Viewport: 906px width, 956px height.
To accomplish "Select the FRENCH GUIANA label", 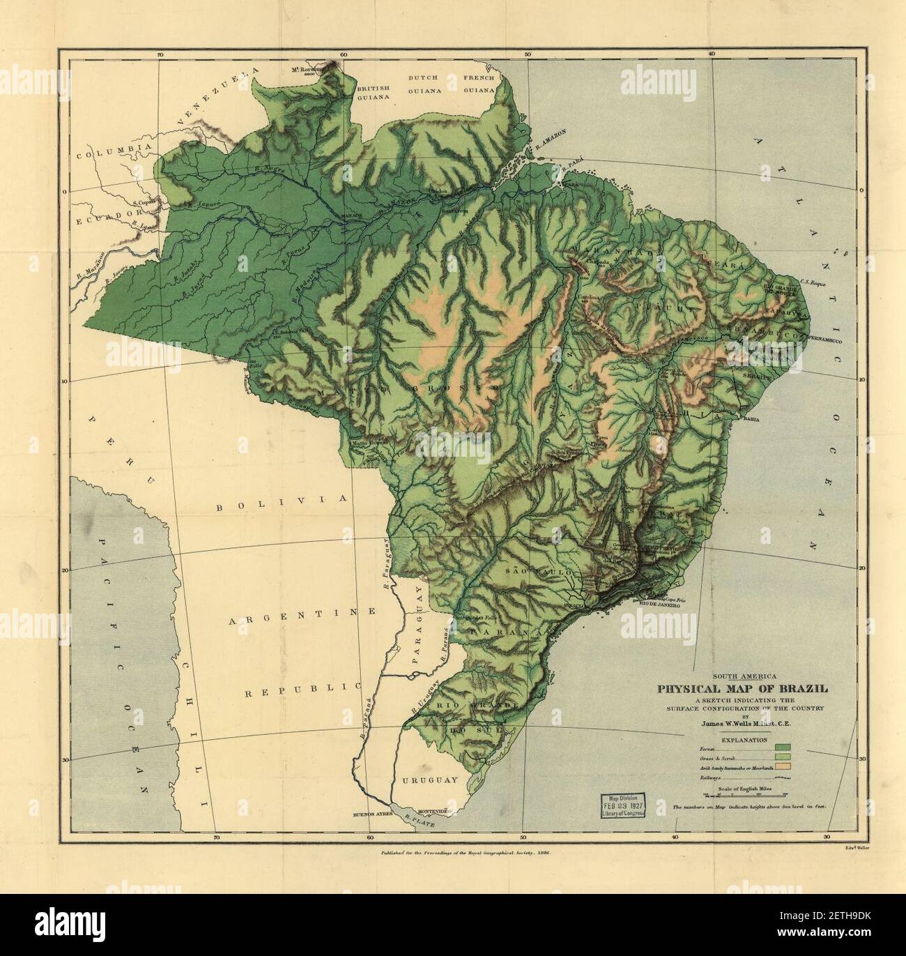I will point(479,84).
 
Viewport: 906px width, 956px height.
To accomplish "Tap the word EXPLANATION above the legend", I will point(744,738).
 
